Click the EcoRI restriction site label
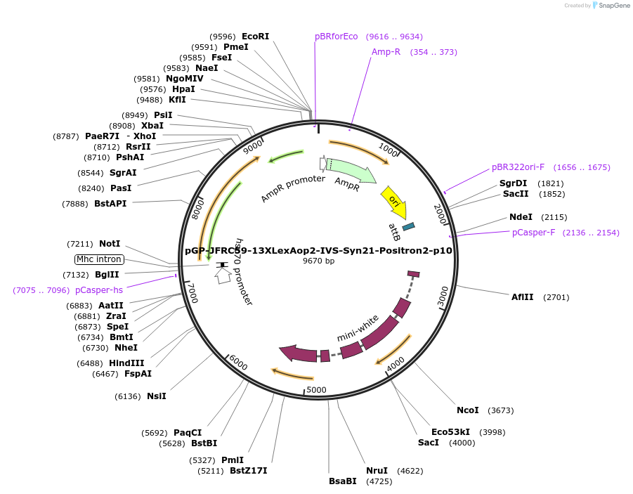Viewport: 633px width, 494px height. [x=255, y=37]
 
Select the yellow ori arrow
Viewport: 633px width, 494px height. [x=393, y=201]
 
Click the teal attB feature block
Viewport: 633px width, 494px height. [x=408, y=226]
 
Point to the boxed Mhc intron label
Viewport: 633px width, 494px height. [x=99, y=259]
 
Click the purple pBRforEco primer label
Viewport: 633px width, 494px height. [x=336, y=37]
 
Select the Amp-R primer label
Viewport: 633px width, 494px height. [x=386, y=52]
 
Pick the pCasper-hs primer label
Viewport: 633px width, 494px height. [x=99, y=290]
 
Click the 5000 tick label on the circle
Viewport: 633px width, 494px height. [x=317, y=390]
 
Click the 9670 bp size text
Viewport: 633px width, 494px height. [x=318, y=261]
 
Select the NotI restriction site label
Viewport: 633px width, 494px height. [x=110, y=244]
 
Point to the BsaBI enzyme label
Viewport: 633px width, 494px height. [x=343, y=481]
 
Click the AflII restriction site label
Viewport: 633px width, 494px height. [x=523, y=297]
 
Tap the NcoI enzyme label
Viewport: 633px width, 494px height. [x=467, y=410]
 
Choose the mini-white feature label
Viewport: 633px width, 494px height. [x=358, y=327]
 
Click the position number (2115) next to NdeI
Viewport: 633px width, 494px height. [x=554, y=217]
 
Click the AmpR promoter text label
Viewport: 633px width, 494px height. [x=293, y=188]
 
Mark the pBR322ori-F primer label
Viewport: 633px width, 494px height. [x=518, y=167]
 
